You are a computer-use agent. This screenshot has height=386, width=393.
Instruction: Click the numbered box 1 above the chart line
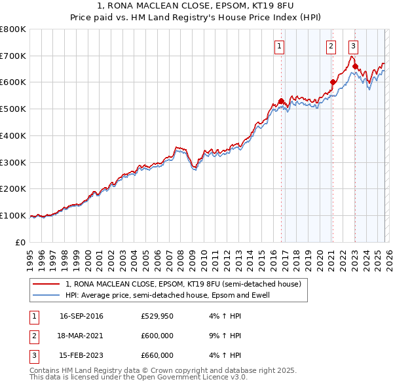point(280,46)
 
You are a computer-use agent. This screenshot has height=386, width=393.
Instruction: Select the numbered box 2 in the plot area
point(331,46)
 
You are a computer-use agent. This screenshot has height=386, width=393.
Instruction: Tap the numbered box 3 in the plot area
point(353,46)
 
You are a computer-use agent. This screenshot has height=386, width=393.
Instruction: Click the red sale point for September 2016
point(281,101)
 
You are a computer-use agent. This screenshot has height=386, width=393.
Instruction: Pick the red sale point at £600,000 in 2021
point(333,82)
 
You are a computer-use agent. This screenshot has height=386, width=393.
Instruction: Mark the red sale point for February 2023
point(355,66)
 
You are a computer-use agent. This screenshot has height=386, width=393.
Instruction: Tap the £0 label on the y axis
point(20,242)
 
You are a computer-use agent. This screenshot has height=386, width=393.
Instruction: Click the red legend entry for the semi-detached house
point(183,285)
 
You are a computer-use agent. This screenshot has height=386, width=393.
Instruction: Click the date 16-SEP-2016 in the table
point(81,317)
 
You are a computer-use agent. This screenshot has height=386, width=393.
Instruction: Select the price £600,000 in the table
point(157,336)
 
